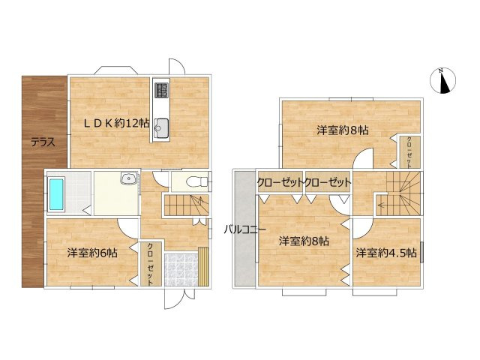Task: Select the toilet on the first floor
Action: click(194, 181)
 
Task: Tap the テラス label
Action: click(43, 142)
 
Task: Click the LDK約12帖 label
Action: click(115, 123)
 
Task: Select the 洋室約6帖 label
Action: click(91, 253)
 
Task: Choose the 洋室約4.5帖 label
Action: click(386, 253)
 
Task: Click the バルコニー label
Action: click(241, 229)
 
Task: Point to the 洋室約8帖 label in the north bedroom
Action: click(342, 130)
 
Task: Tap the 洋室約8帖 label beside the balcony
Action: click(304, 241)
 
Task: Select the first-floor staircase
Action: click(185, 203)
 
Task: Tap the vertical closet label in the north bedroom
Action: click(409, 151)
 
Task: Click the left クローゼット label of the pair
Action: click(280, 182)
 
